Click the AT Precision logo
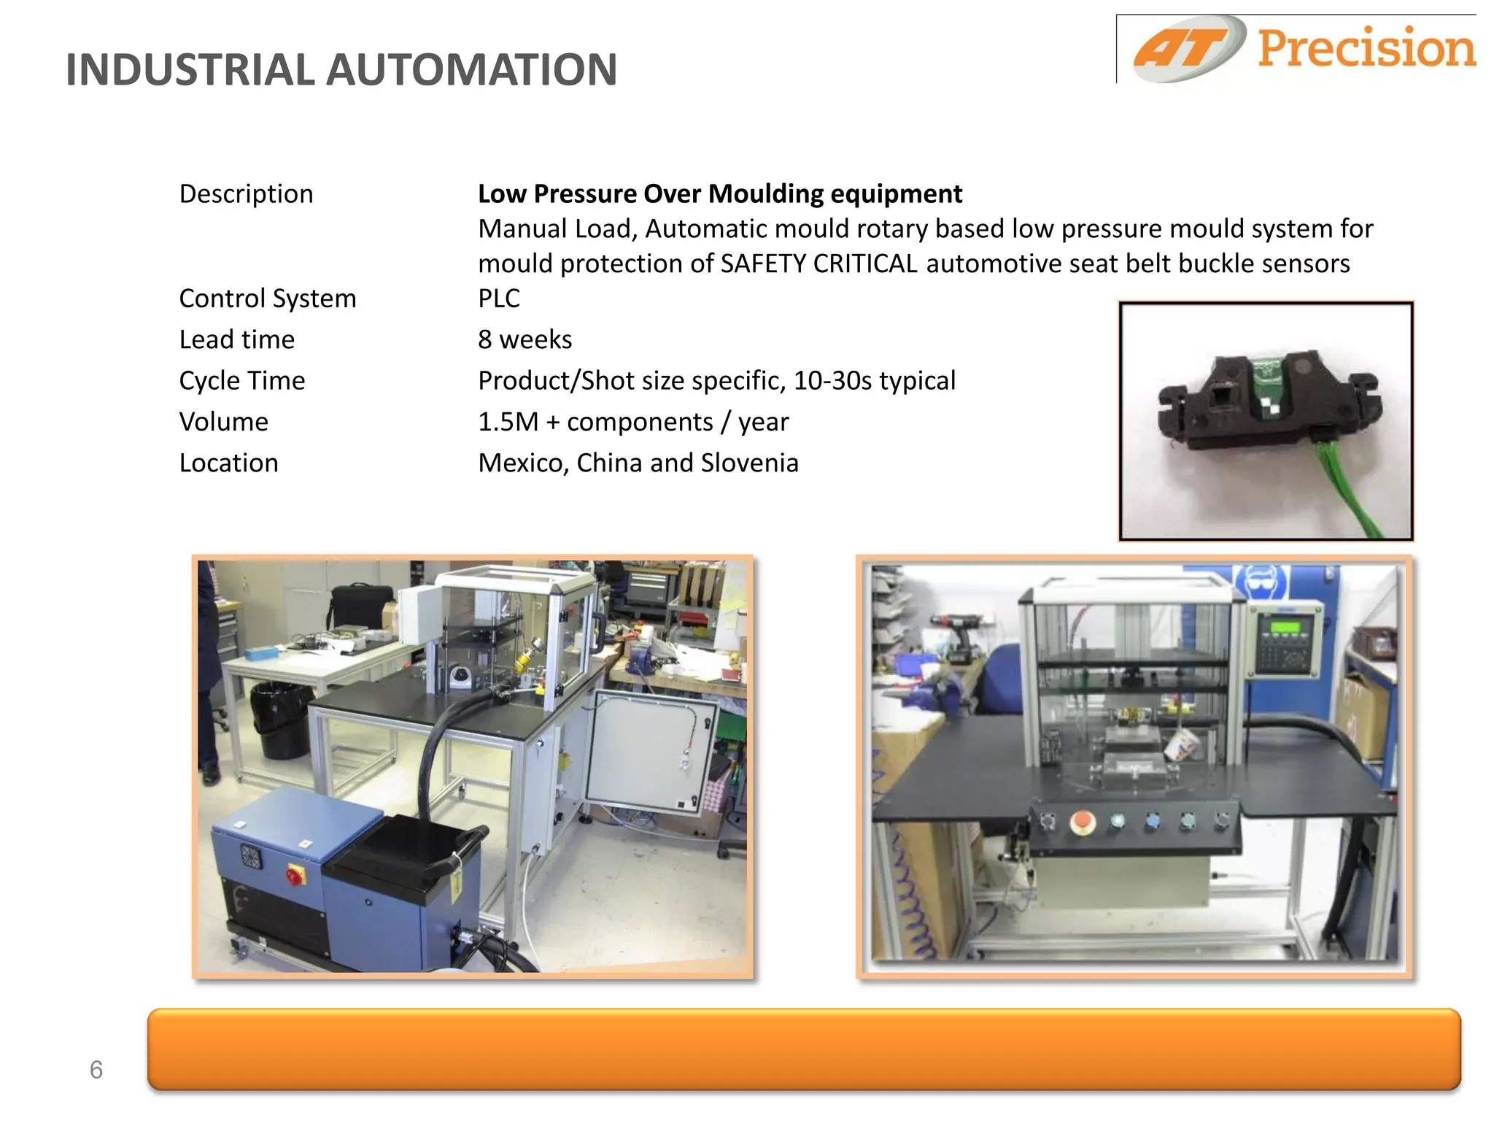[1302, 49]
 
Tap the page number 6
[96, 1070]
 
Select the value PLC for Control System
[499, 298]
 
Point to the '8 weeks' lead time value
[525, 339]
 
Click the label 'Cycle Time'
[242, 381]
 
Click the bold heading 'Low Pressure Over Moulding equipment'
[720, 194]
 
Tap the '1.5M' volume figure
[508, 422]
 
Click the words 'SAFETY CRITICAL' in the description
[818, 263]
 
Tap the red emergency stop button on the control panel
[1083, 823]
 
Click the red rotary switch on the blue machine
[295, 874]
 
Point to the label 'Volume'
[224, 422]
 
